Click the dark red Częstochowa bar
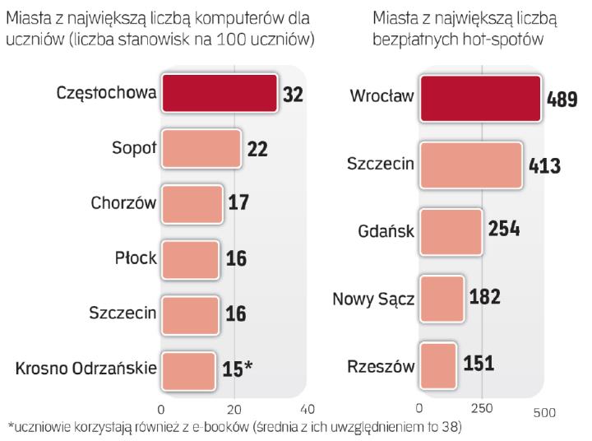(x=219, y=93)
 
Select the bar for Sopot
(x=201, y=149)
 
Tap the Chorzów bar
(x=192, y=202)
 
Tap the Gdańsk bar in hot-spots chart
(x=450, y=231)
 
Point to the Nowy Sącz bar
(x=442, y=298)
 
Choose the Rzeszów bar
(x=437, y=364)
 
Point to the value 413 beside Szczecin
(x=543, y=165)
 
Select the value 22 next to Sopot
(x=258, y=149)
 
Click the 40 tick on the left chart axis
(x=307, y=409)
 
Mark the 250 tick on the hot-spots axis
(x=481, y=409)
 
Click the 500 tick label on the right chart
(x=543, y=412)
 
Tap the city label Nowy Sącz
(x=373, y=298)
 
